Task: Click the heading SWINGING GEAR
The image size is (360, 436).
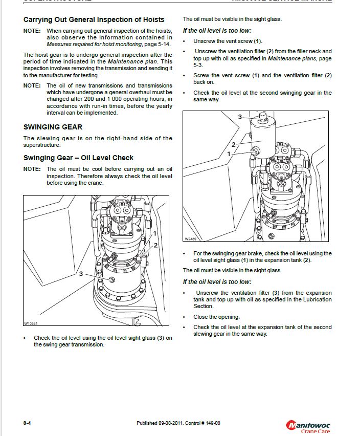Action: pos(53,126)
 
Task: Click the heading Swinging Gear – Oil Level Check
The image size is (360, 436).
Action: pos(78,158)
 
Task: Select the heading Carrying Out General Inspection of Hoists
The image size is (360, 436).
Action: pos(94,19)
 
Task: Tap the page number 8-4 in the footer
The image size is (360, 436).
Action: pos(28,423)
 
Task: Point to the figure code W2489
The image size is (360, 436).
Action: pos(190,238)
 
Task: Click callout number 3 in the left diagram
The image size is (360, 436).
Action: pos(80,274)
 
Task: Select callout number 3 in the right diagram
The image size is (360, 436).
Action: pos(239,117)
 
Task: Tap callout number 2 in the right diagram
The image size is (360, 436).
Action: pos(233,145)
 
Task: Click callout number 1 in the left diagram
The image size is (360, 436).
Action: pos(154,233)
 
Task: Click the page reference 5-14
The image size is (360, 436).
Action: pos(164,44)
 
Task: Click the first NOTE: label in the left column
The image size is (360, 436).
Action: pos(32,31)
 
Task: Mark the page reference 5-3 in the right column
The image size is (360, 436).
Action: pos(197,65)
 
